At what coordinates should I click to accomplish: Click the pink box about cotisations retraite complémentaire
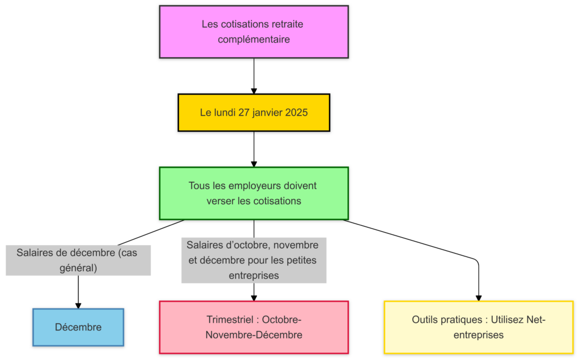click(254, 32)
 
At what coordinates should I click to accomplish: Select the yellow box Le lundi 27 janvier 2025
click(254, 113)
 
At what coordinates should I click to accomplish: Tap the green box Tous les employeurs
click(254, 193)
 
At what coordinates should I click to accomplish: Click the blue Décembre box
click(78, 327)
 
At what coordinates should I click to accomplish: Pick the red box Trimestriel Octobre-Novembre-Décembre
click(254, 327)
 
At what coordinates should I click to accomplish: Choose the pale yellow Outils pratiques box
click(479, 327)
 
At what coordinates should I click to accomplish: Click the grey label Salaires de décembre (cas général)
click(78, 260)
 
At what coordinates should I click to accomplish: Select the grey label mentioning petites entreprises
click(254, 260)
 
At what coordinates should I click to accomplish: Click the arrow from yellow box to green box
click(254, 148)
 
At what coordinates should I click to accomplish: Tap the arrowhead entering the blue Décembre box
click(78, 305)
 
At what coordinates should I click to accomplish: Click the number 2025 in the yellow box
click(296, 113)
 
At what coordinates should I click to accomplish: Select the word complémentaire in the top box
click(254, 40)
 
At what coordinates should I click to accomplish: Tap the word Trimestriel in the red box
click(229, 320)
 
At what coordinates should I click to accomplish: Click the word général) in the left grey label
click(78, 268)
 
